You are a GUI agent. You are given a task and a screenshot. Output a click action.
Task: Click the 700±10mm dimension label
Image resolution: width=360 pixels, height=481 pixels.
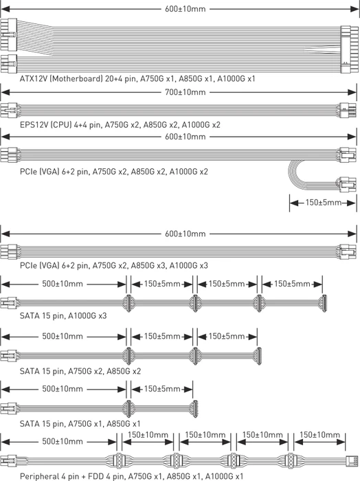click(x=185, y=92)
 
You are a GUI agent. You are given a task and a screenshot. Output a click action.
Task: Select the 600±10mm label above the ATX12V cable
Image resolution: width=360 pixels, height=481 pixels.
click(x=185, y=9)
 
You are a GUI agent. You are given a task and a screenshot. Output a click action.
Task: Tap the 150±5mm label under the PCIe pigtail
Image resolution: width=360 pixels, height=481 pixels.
click(x=323, y=203)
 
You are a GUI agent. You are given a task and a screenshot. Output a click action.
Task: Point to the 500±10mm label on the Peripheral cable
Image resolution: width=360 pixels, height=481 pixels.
click(x=63, y=441)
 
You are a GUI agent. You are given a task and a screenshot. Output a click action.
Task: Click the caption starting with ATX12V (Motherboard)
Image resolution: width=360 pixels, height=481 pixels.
click(x=137, y=79)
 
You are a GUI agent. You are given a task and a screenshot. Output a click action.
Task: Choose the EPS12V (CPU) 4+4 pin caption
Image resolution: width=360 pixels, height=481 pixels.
click(x=120, y=125)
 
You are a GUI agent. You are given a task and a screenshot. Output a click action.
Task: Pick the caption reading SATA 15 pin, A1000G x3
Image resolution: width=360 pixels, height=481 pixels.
click(x=63, y=315)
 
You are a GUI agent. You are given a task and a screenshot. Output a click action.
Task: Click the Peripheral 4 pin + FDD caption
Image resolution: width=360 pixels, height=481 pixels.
click(x=131, y=476)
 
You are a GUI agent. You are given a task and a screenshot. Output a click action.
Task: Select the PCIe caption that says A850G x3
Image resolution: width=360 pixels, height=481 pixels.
click(x=114, y=265)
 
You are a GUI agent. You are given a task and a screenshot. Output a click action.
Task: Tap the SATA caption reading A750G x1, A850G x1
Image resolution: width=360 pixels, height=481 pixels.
click(x=80, y=424)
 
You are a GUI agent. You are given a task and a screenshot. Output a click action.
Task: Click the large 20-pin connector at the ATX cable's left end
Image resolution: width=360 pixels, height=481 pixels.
click(x=8, y=35)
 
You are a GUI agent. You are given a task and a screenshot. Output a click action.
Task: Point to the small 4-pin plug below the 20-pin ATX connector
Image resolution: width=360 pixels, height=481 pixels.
click(x=8, y=64)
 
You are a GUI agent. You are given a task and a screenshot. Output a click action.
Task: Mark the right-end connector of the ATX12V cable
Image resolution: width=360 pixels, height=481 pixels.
click(x=349, y=49)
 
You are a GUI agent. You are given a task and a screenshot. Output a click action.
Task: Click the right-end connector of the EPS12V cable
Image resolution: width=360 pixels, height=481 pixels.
click(x=348, y=110)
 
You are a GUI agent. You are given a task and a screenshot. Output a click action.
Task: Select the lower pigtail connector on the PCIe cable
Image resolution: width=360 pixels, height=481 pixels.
click(x=348, y=184)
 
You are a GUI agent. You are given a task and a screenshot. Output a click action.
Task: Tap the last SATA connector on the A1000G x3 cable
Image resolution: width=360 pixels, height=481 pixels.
click(x=323, y=304)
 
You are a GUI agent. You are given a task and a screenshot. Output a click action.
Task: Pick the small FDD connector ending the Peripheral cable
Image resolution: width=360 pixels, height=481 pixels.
click(x=352, y=460)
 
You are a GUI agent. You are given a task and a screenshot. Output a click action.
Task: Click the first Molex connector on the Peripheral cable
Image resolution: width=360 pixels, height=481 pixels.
click(x=119, y=460)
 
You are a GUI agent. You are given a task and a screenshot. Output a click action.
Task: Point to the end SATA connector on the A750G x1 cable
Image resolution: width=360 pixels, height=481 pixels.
click(x=194, y=409)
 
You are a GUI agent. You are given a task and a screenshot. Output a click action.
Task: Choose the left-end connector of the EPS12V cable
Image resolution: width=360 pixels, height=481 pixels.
click(x=8, y=110)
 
